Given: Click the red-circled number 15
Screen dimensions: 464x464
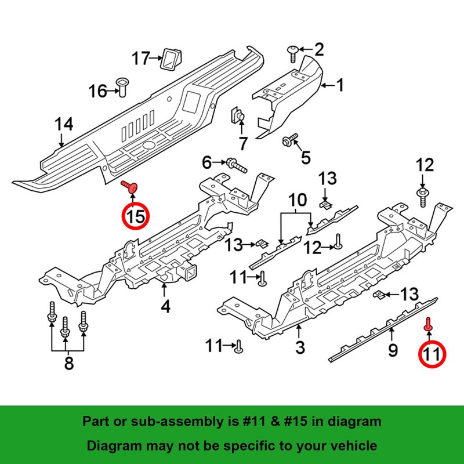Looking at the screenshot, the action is tap(136, 216).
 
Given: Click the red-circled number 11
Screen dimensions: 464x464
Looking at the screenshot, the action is tap(432, 354).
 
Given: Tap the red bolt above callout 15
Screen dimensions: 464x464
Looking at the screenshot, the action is tap(129, 186).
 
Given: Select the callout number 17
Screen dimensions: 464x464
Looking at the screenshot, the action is tap(141, 58).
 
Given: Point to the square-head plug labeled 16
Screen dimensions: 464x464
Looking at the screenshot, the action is tap(121, 87).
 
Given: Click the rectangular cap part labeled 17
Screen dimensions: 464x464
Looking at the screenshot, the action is tap(171, 60).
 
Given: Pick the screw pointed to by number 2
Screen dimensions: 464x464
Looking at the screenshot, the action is tap(293, 53).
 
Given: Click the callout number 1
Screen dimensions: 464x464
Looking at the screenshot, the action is tap(340, 85).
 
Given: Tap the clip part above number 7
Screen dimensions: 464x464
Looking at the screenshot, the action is tap(237, 115).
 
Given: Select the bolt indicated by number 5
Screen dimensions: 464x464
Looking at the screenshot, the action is tap(290, 140).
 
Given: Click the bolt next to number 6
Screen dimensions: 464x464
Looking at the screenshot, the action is tap(237, 165).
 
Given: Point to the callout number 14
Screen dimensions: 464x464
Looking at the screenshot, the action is tap(64, 124).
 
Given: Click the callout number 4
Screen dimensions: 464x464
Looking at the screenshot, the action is tap(165, 306).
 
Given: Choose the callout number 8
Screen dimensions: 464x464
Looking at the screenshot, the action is tap(69, 363).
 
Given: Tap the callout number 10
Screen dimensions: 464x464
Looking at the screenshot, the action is tap(298, 200).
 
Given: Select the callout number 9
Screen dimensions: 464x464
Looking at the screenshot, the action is tap(393, 350).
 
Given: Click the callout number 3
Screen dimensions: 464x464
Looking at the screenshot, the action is tap(300, 347).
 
